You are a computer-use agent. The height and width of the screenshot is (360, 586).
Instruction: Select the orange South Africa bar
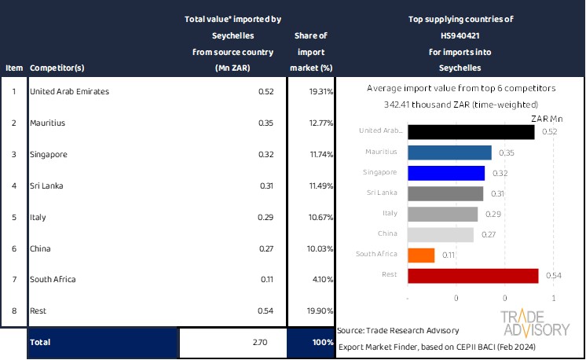(422, 255)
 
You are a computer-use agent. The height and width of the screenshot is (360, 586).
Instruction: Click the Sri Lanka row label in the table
(47, 186)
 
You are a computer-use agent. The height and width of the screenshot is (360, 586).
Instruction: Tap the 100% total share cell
(311, 343)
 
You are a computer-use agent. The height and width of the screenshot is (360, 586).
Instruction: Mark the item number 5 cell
(13, 217)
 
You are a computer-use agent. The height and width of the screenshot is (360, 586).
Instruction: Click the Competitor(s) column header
(57, 68)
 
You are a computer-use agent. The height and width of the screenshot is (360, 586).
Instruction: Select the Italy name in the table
(37, 217)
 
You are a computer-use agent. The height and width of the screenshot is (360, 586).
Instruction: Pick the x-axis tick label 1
(554, 299)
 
